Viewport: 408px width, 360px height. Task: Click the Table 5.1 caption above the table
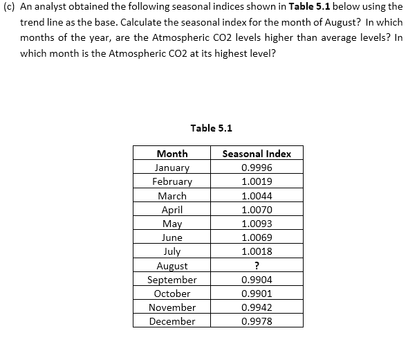(x=211, y=127)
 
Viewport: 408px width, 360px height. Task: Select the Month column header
(x=172, y=154)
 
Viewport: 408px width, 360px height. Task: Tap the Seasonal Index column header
(x=257, y=154)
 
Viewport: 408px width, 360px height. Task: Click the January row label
(x=172, y=168)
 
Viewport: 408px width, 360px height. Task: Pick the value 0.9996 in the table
(x=257, y=168)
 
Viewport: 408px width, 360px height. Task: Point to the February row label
(x=172, y=181)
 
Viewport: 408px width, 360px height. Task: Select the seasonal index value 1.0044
(x=257, y=196)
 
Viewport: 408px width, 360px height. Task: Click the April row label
(x=172, y=210)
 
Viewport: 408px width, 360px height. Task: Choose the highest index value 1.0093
(x=257, y=224)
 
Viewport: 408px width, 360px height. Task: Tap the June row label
(x=172, y=237)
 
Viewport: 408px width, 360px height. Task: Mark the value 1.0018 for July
(x=257, y=251)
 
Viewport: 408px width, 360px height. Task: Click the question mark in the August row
(x=257, y=266)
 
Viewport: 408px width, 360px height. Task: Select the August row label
(x=172, y=266)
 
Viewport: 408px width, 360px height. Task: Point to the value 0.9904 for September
(x=257, y=280)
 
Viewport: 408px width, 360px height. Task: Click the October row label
(x=172, y=294)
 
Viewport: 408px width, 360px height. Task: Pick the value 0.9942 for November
(x=257, y=307)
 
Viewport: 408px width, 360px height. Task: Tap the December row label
(x=172, y=321)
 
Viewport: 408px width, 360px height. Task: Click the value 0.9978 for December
(x=257, y=321)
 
